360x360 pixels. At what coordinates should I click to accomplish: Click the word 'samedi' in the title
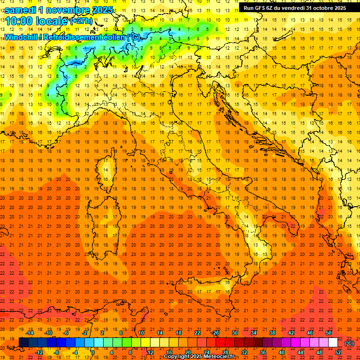21,9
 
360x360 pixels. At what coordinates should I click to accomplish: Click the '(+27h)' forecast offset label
82,21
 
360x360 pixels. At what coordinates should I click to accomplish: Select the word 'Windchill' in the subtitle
22,37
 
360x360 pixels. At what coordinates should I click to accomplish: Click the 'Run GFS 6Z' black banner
292,7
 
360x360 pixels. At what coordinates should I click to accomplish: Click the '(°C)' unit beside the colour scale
349,343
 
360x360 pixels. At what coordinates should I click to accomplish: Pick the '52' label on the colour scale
338,352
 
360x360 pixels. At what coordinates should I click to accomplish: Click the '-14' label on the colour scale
30,333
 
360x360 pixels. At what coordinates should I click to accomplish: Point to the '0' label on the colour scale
92,352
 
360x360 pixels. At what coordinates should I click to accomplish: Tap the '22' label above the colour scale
197,333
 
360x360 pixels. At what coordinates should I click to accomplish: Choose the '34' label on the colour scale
254,333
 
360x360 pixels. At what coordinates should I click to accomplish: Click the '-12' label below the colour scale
39,352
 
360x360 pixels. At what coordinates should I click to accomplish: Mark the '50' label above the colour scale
329,333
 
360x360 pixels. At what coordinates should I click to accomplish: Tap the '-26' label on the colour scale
216,333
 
